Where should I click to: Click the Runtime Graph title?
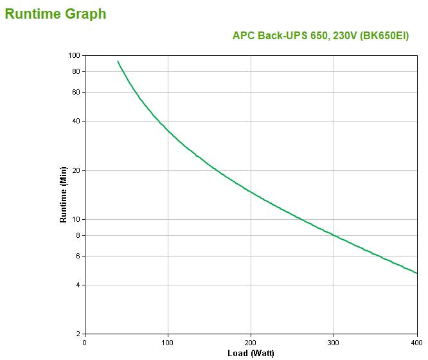55,14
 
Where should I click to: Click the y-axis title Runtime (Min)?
64,194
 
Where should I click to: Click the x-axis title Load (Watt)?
251,353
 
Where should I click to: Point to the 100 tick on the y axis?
74,55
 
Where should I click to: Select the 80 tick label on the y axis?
75,71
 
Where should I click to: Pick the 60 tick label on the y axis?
75,92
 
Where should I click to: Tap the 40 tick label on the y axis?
75,121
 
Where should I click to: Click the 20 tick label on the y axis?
75,170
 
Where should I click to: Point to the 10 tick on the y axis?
75,219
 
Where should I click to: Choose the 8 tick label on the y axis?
77,235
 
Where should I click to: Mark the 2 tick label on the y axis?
77,334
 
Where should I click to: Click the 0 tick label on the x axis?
85,343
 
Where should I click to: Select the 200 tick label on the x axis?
251,343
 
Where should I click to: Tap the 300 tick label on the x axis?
334,343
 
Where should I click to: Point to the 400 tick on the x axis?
416,343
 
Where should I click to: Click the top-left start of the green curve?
118,62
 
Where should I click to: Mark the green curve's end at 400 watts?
416,273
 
